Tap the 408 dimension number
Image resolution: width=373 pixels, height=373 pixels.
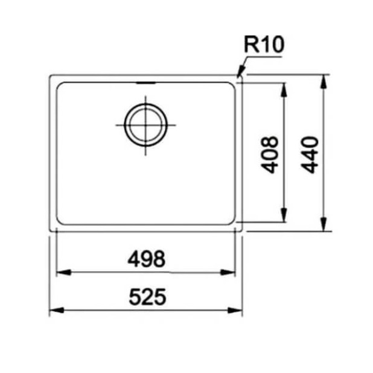click(272, 155)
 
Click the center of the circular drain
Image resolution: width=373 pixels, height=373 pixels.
click(145, 126)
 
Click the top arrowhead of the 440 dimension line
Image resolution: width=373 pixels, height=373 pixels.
click(324, 79)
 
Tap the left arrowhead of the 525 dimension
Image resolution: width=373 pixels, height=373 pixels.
click(53, 310)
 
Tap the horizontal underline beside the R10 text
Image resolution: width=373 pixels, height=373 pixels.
click(266, 56)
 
